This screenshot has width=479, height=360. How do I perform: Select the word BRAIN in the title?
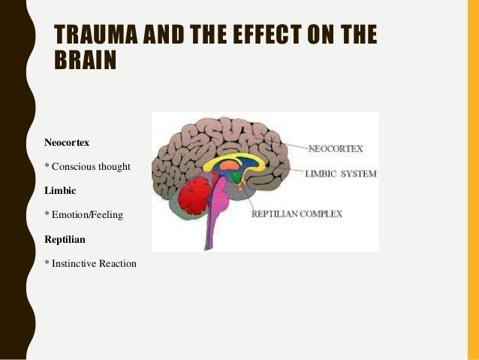click(x=86, y=60)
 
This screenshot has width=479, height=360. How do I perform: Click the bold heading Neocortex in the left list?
click(x=67, y=141)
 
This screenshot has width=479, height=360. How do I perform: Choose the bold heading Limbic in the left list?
click(x=61, y=190)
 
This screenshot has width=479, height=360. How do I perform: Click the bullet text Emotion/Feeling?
click(x=83, y=215)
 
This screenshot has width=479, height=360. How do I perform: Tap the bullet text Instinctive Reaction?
click(x=91, y=264)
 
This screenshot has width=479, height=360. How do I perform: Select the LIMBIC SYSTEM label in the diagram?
click(x=340, y=174)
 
